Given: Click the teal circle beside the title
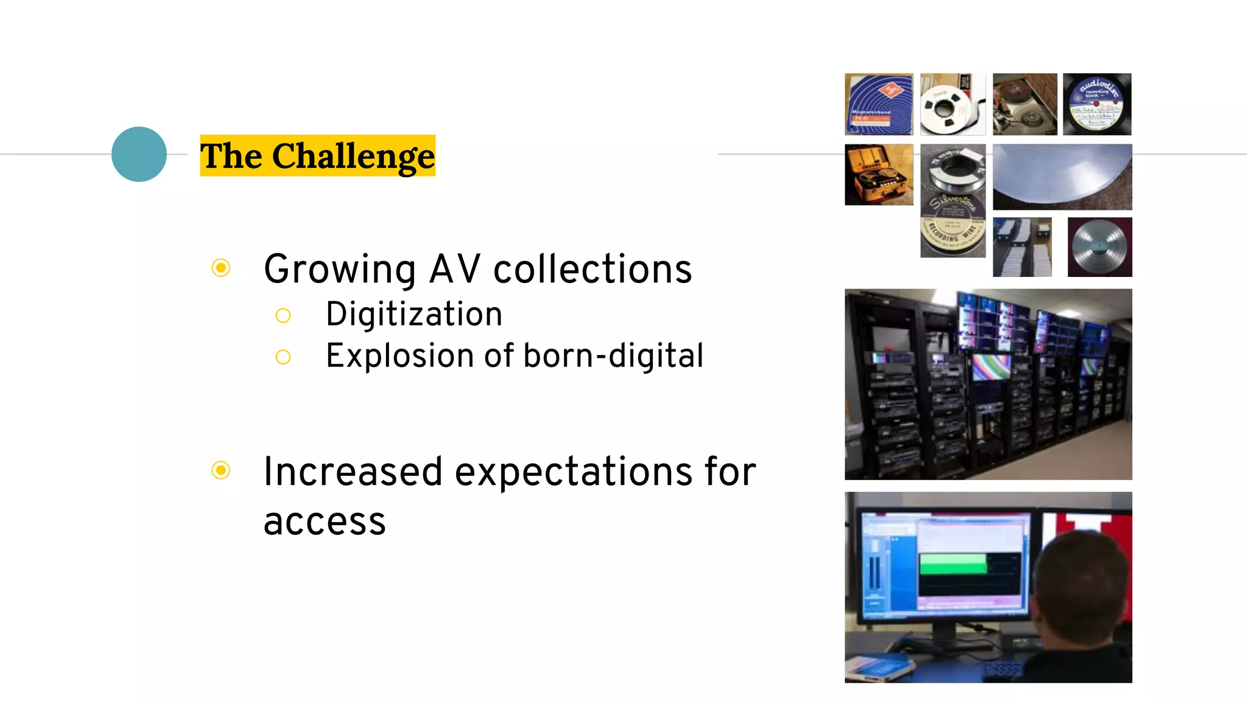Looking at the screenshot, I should pos(139,154).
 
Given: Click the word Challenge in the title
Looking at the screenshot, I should pos(353,156).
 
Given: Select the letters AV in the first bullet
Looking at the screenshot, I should pos(454,269).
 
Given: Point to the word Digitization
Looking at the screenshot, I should pos(414,315).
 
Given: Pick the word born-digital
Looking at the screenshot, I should pos(613,356).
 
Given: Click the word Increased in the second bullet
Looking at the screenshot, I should pos(353,472).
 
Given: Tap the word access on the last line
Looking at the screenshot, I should pos(325,521).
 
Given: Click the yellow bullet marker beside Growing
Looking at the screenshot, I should pos(221,268).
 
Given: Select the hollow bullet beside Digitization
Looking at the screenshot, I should pos(283,315).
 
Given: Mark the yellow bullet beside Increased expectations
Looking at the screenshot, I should pos(221,470).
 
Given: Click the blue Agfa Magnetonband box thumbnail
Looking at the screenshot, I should pos(879,104).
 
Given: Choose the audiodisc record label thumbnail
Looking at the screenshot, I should pos(1097,104).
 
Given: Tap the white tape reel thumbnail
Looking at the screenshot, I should pos(952,104).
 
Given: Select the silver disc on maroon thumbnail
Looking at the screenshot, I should pos(1099,247).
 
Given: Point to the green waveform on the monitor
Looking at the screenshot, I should pos(952,563).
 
